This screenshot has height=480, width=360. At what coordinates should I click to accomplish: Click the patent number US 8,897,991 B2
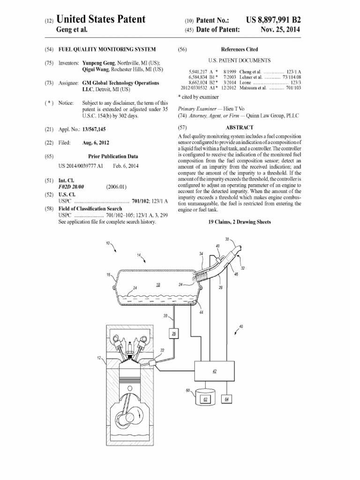pyautogui.click(x=273, y=20)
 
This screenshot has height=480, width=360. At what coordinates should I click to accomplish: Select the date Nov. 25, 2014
pyautogui.click(x=280, y=30)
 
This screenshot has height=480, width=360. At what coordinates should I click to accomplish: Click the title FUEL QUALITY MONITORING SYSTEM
pyautogui.click(x=107, y=49)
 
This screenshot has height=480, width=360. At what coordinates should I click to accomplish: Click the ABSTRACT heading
pyautogui.click(x=240, y=127)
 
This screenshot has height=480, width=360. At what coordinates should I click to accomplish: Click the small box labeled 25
pyautogui.click(x=174, y=333)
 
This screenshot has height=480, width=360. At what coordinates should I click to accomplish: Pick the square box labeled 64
pyautogui.click(x=227, y=399)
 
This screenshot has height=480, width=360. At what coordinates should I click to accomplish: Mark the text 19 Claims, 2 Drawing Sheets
pyautogui.click(x=240, y=222)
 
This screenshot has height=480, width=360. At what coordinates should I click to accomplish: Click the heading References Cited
pyautogui.click(x=239, y=49)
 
